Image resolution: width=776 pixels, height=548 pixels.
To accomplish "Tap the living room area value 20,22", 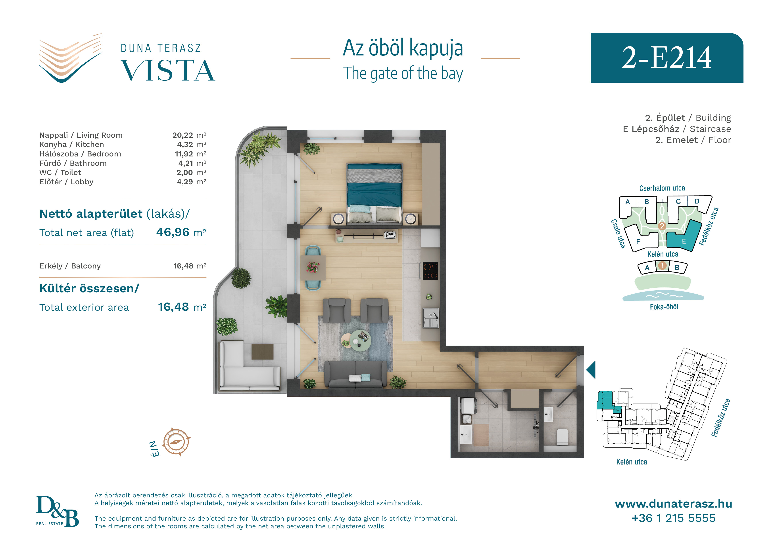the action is click(182, 135).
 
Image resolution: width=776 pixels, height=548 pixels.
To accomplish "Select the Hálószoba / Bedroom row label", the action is click(80, 154).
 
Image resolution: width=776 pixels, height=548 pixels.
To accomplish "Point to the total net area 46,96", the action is click(173, 232).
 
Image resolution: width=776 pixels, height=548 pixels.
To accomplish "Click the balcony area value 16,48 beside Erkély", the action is click(184, 266).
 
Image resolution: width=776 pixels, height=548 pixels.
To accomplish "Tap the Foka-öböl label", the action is click(664, 307).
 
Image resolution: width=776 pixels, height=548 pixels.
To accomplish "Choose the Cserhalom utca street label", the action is click(662, 188).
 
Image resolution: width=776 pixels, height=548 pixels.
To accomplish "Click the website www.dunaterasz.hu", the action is click(673, 504).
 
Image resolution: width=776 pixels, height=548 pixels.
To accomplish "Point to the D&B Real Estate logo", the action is click(58, 511).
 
